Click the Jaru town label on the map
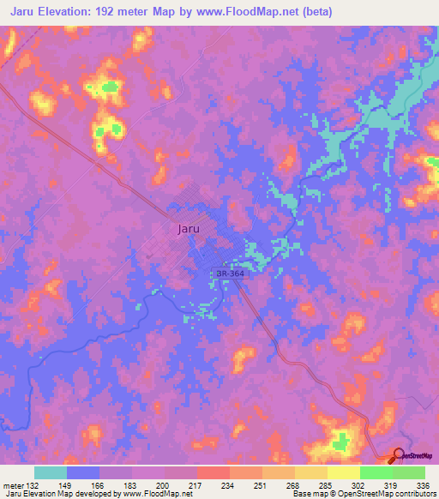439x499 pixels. coord(189,229)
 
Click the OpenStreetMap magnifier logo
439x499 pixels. coord(399,455)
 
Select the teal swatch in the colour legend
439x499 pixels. coord(51,472)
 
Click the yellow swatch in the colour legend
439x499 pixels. coord(343,472)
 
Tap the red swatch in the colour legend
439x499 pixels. coord(213,472)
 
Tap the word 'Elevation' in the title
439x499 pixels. coord(64,12)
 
